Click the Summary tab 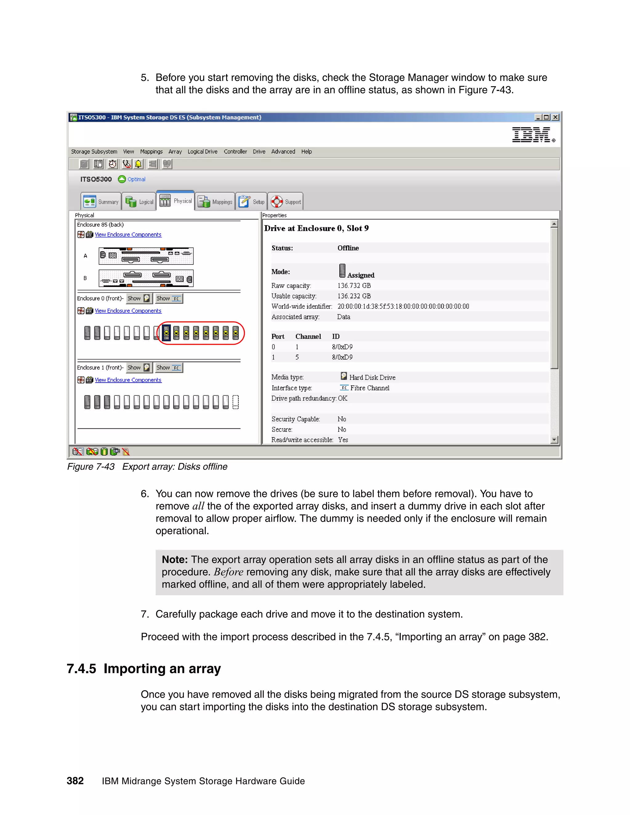click(x=101, y=201)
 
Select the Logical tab click(x=139, y=201)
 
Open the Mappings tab click(x=215, y=201)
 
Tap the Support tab click(x=285, y=201)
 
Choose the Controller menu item click(x=235, y=152)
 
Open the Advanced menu click(x=283, y=152)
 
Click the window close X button click(x=555, y=117)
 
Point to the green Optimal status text click(x=136, y=179)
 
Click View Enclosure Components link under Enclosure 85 click(x=128, y=235)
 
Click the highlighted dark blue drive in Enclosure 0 click(x=166, y=333)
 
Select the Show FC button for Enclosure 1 click(x=169, y=368)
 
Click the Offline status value click(x=348, y=248)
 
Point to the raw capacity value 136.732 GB click(x=354, y=285)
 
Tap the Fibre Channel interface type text click(x=369, y=388)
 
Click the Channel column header click(x=308, y=336)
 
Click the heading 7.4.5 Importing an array click(x=144, y=668)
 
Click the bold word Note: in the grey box click(x=175, y=560)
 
